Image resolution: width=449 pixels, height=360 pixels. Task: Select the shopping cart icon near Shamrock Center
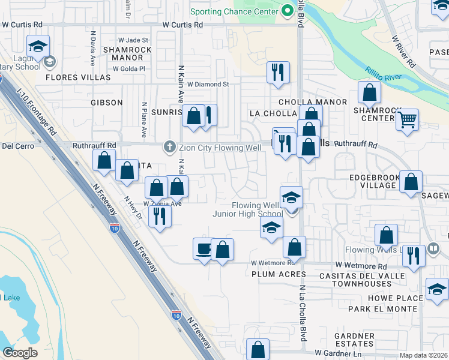click(x=407, y=120)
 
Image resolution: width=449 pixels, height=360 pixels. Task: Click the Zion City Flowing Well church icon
click(x=170, y=147)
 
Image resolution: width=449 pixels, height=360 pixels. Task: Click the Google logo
click(x=20, y=353)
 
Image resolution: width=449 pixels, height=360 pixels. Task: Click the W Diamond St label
click(x=208, y=85)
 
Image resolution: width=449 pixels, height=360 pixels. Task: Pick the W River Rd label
click(x=403, y=52)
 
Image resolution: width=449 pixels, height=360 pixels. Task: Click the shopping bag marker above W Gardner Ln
click(x=258, y=349)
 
